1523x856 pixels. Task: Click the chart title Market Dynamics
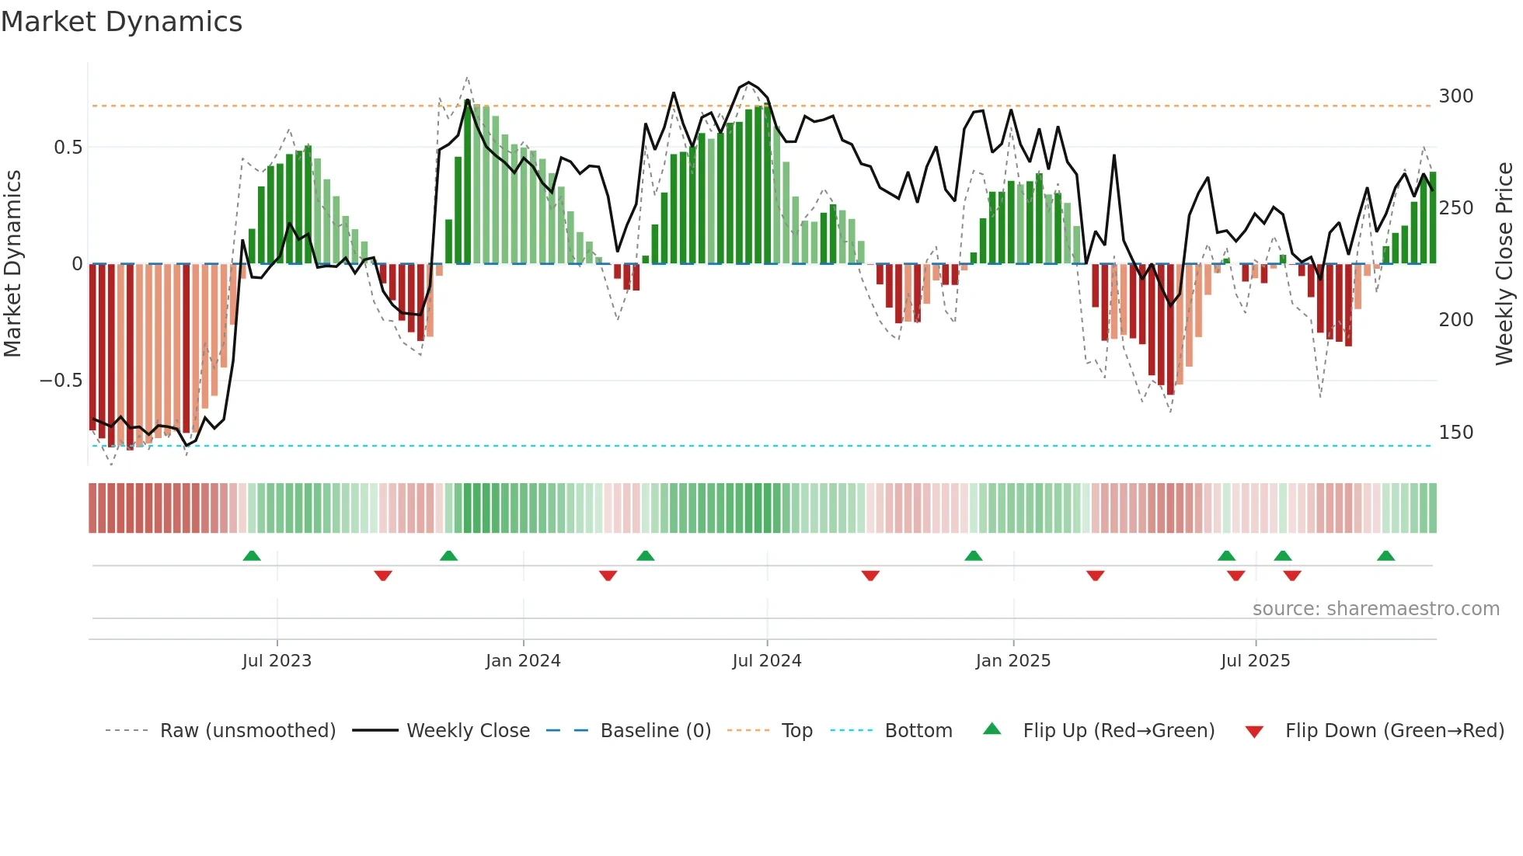(121, 22)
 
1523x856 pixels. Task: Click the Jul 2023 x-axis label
(277, 661)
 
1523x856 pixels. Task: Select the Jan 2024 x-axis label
(523, 661)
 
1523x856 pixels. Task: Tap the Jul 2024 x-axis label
(767, 661)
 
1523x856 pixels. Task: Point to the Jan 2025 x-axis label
(1013, 661)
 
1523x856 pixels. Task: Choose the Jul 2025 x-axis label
(1256, 661)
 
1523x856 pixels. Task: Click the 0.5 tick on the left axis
(68, 148)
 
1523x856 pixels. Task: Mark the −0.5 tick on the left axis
(61, 381)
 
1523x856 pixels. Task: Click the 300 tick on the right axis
(1455, 96)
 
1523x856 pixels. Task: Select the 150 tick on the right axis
(1455, 433)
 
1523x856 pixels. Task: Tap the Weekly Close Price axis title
(1504, 264)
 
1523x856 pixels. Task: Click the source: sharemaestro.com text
(1375, 609)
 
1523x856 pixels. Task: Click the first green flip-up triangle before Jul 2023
(252, 555)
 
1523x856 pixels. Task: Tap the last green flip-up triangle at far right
(1385, 555)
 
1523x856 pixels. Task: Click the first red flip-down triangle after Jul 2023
(383, 576)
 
